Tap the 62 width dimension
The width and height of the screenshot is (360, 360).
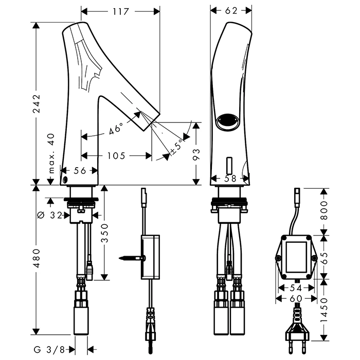231,11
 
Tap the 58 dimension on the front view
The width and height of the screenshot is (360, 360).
230,178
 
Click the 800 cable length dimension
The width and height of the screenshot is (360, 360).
323,209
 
